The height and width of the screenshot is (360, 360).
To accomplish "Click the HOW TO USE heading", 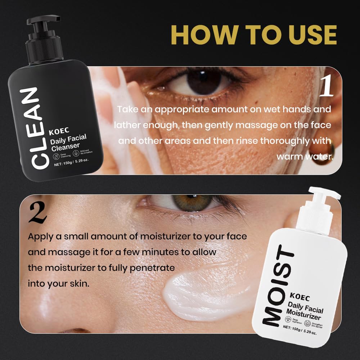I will [254, 35].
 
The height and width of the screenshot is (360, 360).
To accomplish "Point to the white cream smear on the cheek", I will [194, 292].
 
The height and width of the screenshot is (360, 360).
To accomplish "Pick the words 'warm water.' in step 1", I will [305, 157].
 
